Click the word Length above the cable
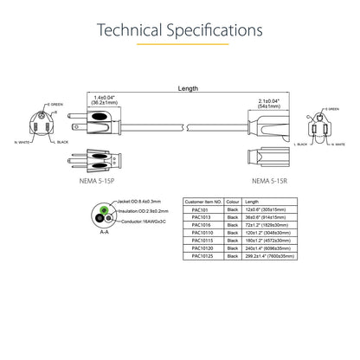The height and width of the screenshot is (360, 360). click(x=187, y=88)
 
